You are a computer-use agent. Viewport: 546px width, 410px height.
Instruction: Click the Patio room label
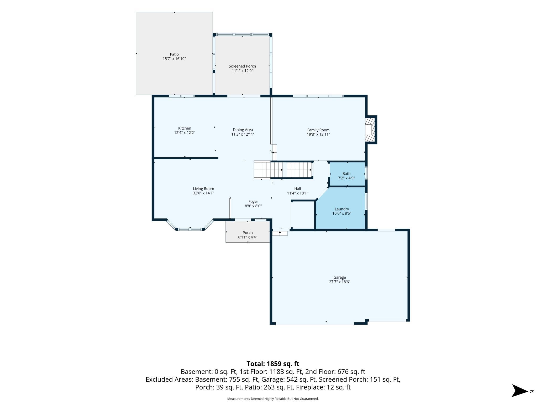pos(174,54)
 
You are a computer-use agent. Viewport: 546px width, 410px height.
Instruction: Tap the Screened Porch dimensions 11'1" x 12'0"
pos(242,71)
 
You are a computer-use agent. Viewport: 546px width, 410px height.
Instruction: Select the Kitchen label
pos(185,128)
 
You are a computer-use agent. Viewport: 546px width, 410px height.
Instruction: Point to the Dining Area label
pos(243,130)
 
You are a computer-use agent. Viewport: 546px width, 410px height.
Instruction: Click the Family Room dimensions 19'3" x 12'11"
pos(318,134)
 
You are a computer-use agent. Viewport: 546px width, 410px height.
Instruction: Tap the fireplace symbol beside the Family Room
pos(370,130)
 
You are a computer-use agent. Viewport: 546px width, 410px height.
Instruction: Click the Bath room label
pos(346,173)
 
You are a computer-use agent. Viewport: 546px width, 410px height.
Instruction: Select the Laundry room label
pos(342,209)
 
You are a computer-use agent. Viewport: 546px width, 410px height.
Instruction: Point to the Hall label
pos(298,189)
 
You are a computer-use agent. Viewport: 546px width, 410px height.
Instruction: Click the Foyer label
pos(253,202)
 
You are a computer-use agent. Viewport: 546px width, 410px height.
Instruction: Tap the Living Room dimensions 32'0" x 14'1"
pos(203,193)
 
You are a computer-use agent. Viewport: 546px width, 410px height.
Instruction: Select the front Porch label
pos(248,233)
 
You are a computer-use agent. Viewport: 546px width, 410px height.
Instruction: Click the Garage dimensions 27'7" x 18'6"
pos(340,282)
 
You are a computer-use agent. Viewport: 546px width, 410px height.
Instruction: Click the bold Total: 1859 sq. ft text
pos(273,364)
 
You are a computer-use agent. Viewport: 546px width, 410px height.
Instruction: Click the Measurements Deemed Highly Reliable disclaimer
pos(273,399)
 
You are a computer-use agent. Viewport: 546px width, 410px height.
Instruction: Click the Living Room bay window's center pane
pos(190,229)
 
